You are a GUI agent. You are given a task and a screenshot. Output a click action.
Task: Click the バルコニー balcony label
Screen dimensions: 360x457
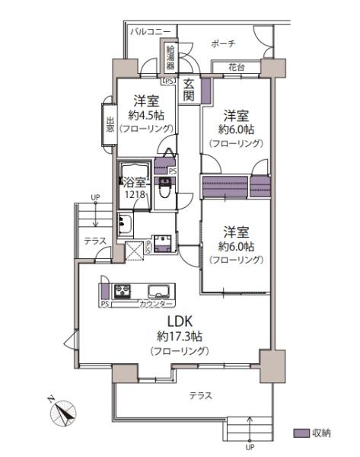[x=150, y=31]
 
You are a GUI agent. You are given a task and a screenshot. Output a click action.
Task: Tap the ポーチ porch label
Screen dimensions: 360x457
[x=223, y=43]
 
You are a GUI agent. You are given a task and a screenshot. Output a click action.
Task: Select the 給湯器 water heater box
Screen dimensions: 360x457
[x=170, y=57]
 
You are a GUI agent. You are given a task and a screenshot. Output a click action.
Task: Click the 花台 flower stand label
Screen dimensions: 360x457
[x=236, y=67]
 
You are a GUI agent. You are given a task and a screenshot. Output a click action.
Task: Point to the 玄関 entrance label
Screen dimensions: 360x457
[x=188, y=90]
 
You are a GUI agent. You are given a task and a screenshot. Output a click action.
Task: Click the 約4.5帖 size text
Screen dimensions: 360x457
[x=146, y=115]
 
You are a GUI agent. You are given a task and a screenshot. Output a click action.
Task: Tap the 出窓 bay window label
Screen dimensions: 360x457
[x=110, y=124]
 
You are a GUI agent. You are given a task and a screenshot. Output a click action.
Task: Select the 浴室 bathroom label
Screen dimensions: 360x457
[x=134, y=182]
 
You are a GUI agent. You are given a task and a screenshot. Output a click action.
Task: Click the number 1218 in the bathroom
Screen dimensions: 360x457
[x=135, y=194]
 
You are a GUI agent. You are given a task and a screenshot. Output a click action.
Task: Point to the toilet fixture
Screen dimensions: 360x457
[x=164, y=187]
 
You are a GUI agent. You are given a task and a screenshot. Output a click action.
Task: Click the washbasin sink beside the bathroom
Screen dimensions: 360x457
[x=125, y=224]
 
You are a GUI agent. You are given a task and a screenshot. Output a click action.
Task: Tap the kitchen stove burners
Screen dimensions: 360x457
[x=123, y=291]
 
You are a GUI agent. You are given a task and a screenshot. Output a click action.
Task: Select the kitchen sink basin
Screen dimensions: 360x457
[x=159, y=291]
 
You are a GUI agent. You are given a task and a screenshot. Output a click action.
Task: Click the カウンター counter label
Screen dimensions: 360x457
[x=156, y=304]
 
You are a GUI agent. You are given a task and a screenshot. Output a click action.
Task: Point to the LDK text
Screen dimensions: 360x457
[x=180, y=321]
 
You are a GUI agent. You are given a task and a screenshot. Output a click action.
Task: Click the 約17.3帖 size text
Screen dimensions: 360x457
[x=180, y=337]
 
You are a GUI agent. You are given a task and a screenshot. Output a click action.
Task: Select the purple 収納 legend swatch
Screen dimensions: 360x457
[x=301, y=433]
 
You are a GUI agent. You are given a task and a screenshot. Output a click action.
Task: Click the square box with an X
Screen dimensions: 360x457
[x=134, y=251]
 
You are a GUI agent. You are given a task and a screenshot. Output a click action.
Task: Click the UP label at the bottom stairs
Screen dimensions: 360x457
[x=250, y=447]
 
